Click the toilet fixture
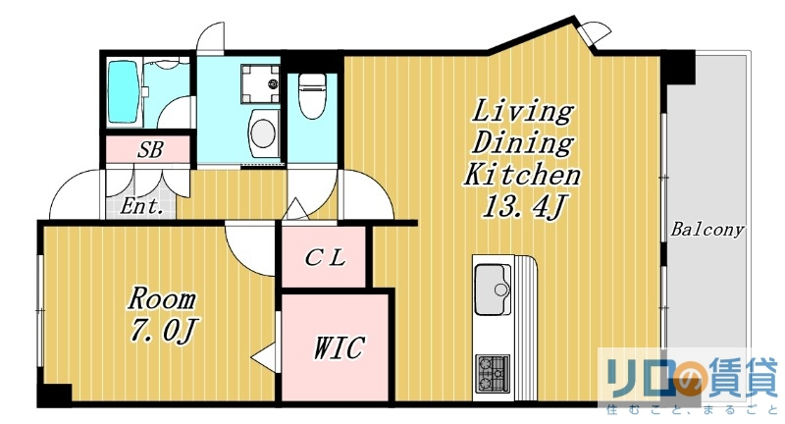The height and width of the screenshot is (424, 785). tap(312, 95)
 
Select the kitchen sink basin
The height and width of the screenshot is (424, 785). tap(490, 289)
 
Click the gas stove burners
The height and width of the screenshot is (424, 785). tap(493, 373)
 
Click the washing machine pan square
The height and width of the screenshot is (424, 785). tap(260, 83)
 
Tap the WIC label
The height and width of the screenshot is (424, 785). tap(339, 346)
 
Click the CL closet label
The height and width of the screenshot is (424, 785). tap(326, 258)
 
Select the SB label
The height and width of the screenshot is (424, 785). tap(150, 150)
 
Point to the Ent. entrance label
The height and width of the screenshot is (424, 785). tap(141, 206)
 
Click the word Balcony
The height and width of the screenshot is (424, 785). tap(707, 230)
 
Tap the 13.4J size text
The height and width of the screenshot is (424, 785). tap(524, 206)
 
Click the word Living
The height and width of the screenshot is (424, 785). tap(522, 111)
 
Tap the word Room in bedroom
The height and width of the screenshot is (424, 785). tap(161, 298)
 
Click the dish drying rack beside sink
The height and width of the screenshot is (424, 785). tap(526, 328)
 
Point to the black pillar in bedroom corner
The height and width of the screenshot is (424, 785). tap(56, 394)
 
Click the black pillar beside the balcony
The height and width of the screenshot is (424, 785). tap(678, 67)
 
